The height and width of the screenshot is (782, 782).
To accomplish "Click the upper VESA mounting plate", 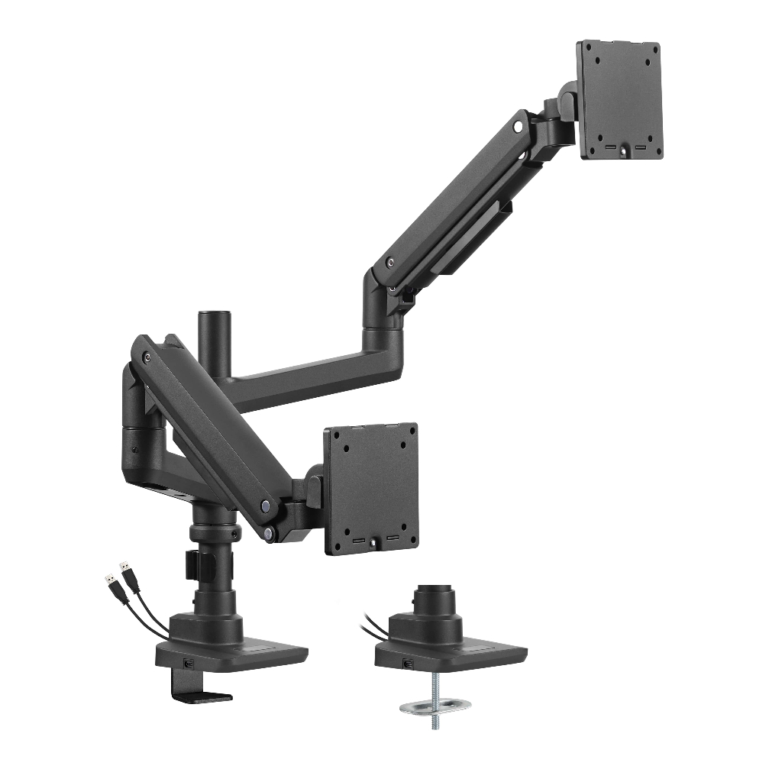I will coord(619,99).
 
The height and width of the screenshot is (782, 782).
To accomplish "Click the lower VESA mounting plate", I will coord(371,489).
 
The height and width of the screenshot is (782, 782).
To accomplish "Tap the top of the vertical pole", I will coord(208,315).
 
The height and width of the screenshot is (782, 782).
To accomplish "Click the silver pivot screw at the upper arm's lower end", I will coord(391,262).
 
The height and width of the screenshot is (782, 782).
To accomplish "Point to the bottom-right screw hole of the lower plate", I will coord(405,531).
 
